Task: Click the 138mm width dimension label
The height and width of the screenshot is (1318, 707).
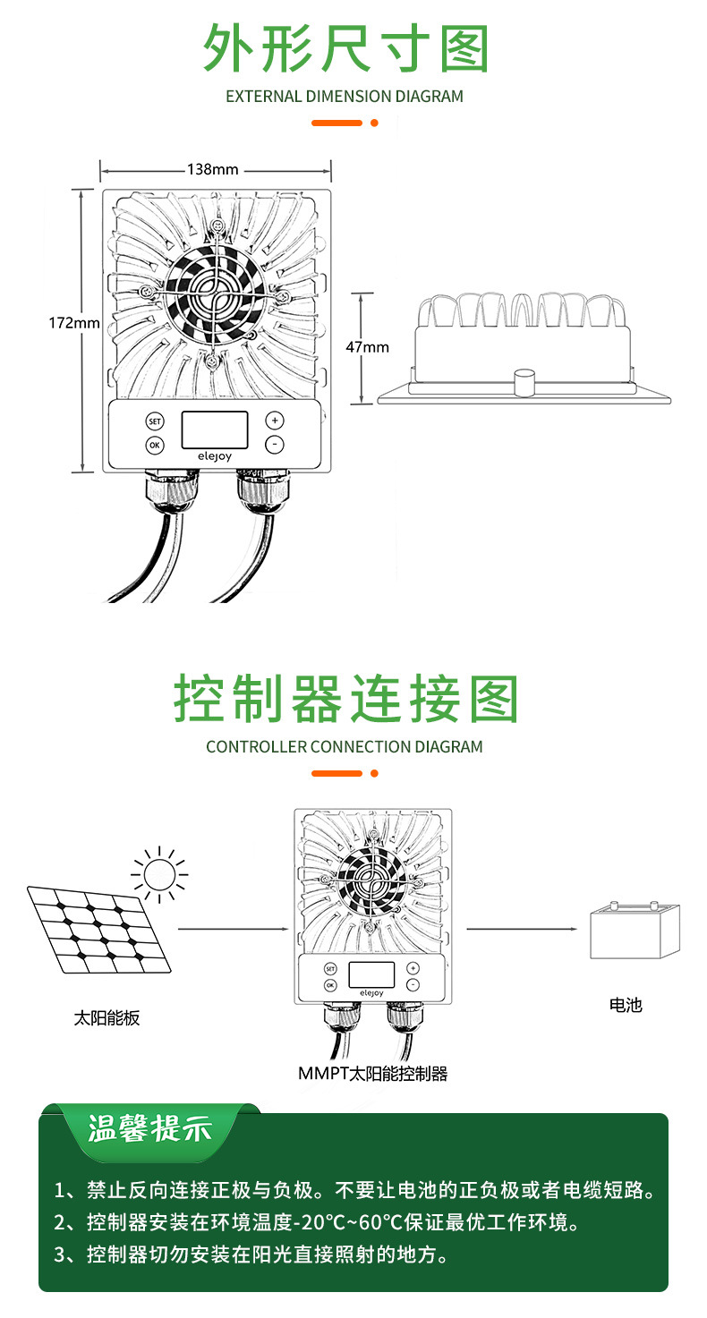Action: (213, 169)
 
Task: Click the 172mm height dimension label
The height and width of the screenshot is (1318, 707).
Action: (73, 323)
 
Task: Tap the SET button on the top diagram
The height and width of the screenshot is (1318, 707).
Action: (155, 421)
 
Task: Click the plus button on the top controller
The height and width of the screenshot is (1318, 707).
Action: (274, 420)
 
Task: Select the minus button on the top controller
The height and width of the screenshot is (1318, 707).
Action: (274, 444)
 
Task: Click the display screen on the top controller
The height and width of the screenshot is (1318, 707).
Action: (214, 429)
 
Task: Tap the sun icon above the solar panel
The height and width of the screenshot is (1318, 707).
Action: (159, 872)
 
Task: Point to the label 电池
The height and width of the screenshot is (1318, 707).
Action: (626, 1005)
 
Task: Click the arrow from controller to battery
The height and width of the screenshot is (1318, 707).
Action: (519, 929)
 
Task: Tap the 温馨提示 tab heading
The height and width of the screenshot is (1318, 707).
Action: (150, 1129)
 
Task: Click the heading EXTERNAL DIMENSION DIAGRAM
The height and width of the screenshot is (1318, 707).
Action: (345, 96)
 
